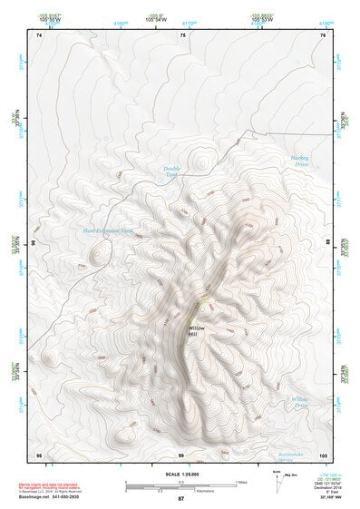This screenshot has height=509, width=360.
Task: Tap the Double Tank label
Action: pyautogui.click(x=172, y=171)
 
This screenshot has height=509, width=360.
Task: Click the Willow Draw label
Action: pyautogui.click(x=300, y=402)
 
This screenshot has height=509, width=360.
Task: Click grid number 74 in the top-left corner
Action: pyautogui.click(x=39, y=34)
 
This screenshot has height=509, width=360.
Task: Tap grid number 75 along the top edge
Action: pyautogui.click(x=182, y=34)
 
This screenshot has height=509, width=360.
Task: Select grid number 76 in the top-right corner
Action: pyautogui.click(x=324, y=34)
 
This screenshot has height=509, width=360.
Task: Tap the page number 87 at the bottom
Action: pyautogui.click(x=180, y=500)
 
